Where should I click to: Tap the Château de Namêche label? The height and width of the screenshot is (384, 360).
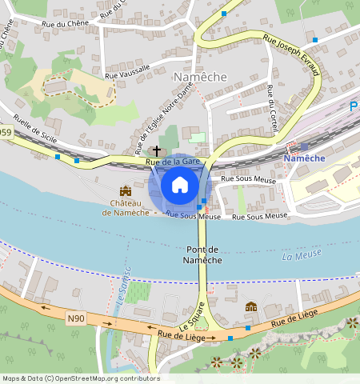tap(125, 208)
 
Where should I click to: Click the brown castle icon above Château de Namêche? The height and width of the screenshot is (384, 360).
tap(126, 191)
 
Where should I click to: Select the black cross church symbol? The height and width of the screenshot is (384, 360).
tap(157, 150)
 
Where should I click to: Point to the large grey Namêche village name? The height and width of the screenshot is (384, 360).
tap(200, 76)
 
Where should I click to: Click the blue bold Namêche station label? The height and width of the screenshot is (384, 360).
tap(305, 158)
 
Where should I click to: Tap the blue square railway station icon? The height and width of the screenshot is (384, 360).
tap(303, 146)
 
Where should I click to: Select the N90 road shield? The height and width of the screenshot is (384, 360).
tap(76, 318)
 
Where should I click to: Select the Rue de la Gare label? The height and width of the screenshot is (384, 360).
tap(173, 162)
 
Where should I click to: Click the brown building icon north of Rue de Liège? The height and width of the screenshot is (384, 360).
tap(251, 307)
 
